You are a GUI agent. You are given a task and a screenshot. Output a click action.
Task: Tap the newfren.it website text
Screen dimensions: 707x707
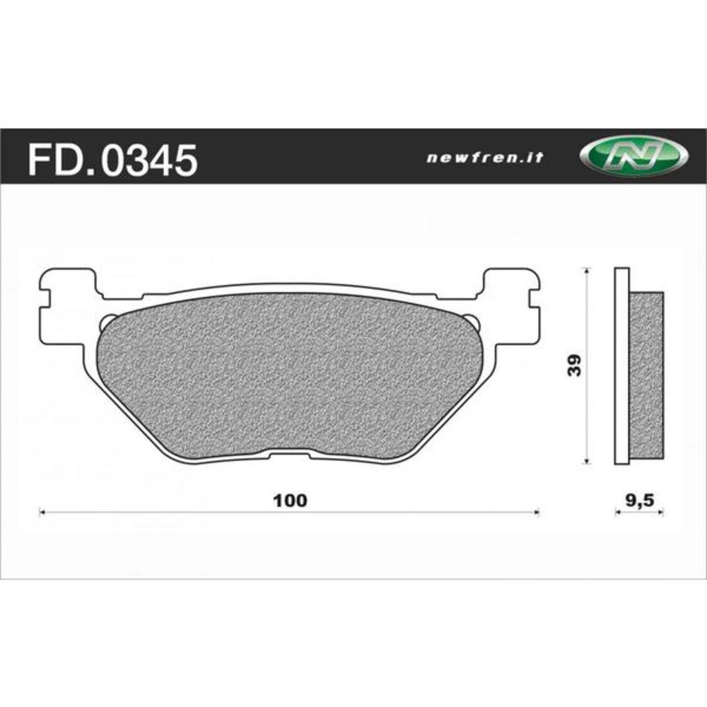tap(484, 158)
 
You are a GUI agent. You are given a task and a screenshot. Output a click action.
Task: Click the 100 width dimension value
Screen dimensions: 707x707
tap(291, 501)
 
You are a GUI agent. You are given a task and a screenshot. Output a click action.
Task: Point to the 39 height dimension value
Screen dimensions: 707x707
tap(575, 365)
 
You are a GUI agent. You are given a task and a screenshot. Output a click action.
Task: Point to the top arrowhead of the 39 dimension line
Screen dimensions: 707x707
tap(586, 271)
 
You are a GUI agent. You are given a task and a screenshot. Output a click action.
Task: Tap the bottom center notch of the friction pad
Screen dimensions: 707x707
tap(291, 453)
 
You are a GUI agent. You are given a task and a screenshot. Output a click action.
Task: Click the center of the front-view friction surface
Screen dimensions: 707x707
tap(290, 375)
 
